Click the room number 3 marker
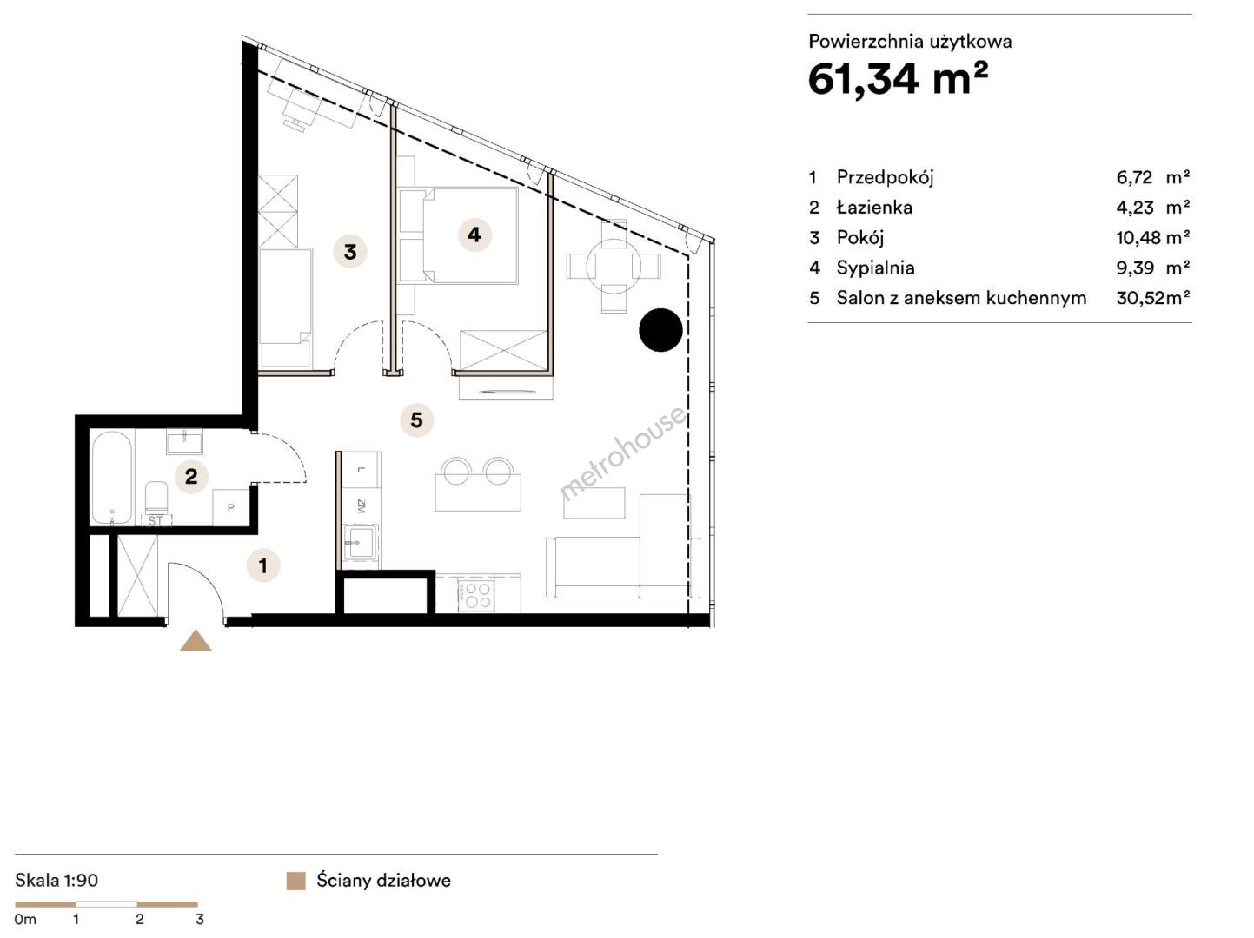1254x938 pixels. (x=350, y=251)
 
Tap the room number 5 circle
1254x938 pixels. (x=416, y=420)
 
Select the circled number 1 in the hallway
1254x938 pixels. (x=262, y=565)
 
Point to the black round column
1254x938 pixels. (x=660, y=330)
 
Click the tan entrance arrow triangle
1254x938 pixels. (x=196, y=641)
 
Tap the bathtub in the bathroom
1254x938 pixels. (x=112, y=478)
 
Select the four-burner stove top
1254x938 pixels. (x=476, y=595)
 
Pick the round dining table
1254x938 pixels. (x=614, y=266)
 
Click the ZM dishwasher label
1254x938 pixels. (x=361, y=505)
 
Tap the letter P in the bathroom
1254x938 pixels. (x=231, y=507)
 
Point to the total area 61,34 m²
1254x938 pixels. (x=898, y=79)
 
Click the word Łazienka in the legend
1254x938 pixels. (x=874, y=208)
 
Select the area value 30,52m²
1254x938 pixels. (x=1153, y=298)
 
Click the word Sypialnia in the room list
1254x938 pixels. (x=875, y=268)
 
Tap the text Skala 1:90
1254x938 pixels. (x=56, y=881)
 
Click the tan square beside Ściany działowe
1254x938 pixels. (x=295, y=881)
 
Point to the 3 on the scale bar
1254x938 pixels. (x=199, y=919)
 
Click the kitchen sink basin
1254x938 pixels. (x=361, y=541)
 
